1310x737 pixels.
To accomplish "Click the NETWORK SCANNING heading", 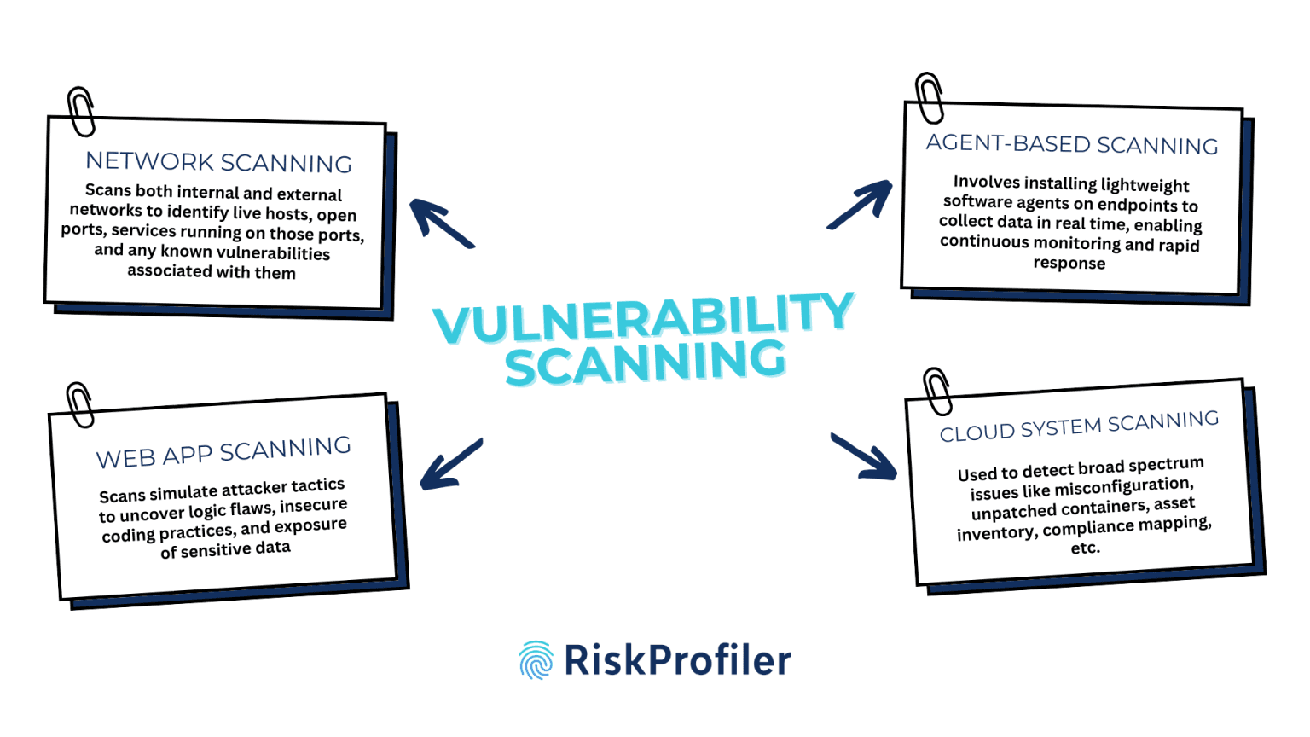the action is click(218, 162).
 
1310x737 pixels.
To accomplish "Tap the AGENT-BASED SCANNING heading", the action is click(1071, 144).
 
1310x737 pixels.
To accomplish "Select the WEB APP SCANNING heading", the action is click(223, 453).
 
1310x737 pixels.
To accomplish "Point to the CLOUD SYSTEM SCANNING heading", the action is click(1079, 426).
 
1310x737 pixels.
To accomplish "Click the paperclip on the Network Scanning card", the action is click(81, 112).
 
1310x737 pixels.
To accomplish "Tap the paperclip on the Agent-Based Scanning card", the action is click(930, 98).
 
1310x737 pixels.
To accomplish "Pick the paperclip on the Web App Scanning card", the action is click(80, 404).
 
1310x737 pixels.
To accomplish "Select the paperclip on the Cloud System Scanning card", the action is click(937, 392).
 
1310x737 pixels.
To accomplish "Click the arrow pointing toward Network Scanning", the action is click(440, 223).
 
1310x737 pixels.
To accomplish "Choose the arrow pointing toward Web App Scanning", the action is click(450, 464).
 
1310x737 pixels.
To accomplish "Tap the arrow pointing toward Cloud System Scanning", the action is click(864, 456).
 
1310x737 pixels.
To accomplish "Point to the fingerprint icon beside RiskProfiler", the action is click(536, 660).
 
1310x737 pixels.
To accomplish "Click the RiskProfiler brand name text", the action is click(678, 660).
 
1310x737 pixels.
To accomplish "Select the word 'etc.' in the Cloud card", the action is click(1086, 548).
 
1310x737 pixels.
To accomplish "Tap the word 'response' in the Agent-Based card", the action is click(1069, 263).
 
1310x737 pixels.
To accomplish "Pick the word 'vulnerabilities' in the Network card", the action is click(273, 253).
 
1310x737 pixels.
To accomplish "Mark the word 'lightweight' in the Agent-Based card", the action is click(1144, 185).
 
